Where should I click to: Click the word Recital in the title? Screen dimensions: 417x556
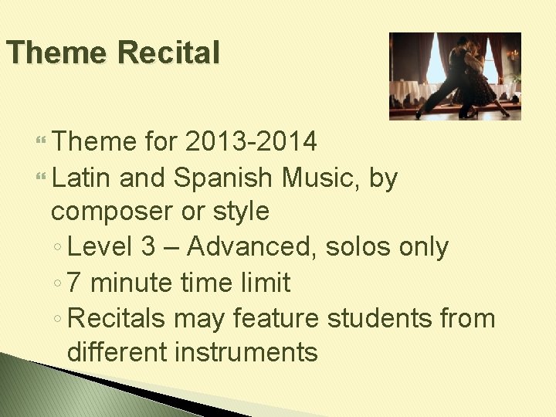tap(169, 53)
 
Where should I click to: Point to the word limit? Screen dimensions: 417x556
tap(265, 283)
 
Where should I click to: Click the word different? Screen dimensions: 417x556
tap(117, 352)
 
